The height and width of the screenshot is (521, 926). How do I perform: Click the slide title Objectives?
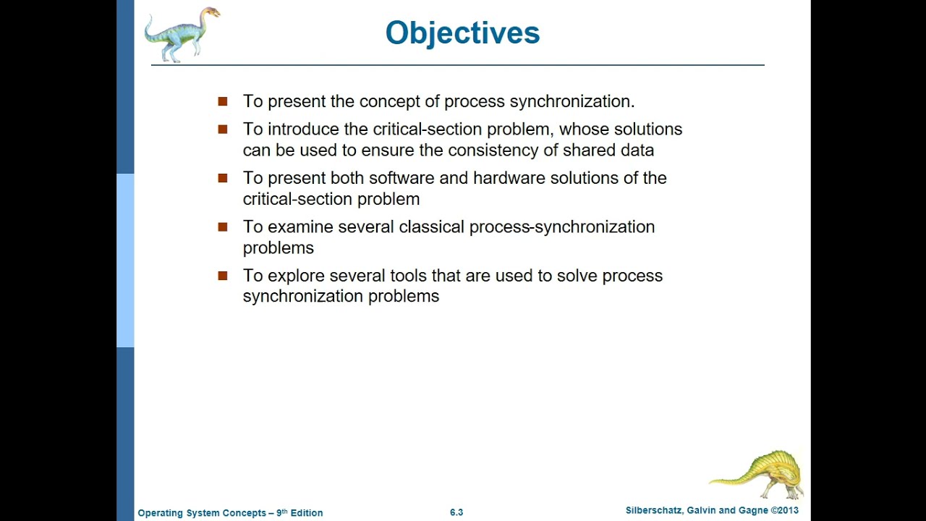tap(462, 33)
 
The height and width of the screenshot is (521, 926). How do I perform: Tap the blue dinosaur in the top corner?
tap(181, 34)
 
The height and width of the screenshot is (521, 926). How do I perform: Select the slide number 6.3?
tap(456, 512)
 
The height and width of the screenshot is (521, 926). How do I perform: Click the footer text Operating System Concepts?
tap(202, 513)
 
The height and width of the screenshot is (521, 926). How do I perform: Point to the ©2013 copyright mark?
tap(784, 510)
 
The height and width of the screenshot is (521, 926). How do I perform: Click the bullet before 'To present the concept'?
tap(223, 102)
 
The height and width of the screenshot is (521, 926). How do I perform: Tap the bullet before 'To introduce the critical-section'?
tap(223, 130)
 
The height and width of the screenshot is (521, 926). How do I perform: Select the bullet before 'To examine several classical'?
tap(223, 227)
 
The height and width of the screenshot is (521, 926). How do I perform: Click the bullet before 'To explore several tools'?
tap(223, 276)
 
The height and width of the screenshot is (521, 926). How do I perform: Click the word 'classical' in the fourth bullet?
tap(431, 227)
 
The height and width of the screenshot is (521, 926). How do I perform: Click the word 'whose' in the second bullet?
tap(584, 130)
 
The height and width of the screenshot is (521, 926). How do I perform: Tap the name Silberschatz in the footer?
tap(653, 510)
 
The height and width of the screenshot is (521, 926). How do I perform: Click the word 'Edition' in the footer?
tap(307, 513)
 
